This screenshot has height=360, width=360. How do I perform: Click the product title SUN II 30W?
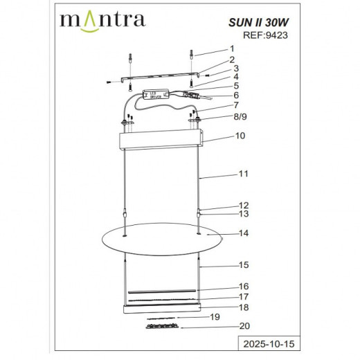coord(255,22)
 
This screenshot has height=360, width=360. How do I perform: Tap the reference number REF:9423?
coord(258,37)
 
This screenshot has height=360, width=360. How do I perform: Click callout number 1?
coord(233,50)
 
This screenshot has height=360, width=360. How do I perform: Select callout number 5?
coord(235,86)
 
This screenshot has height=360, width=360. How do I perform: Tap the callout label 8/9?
coord(239,118)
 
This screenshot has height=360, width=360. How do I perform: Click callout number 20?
coord(242,326)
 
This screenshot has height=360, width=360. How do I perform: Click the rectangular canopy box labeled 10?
coord(161,142)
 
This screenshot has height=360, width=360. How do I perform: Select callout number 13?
coord(242,214)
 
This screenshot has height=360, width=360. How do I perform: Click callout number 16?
coord(242,286)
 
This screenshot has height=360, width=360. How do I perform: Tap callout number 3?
coord(235,69)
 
